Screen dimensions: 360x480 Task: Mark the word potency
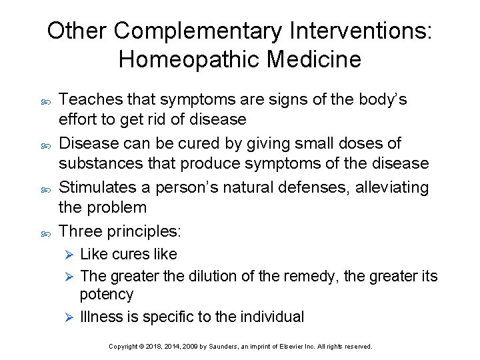[x=107, y=294]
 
